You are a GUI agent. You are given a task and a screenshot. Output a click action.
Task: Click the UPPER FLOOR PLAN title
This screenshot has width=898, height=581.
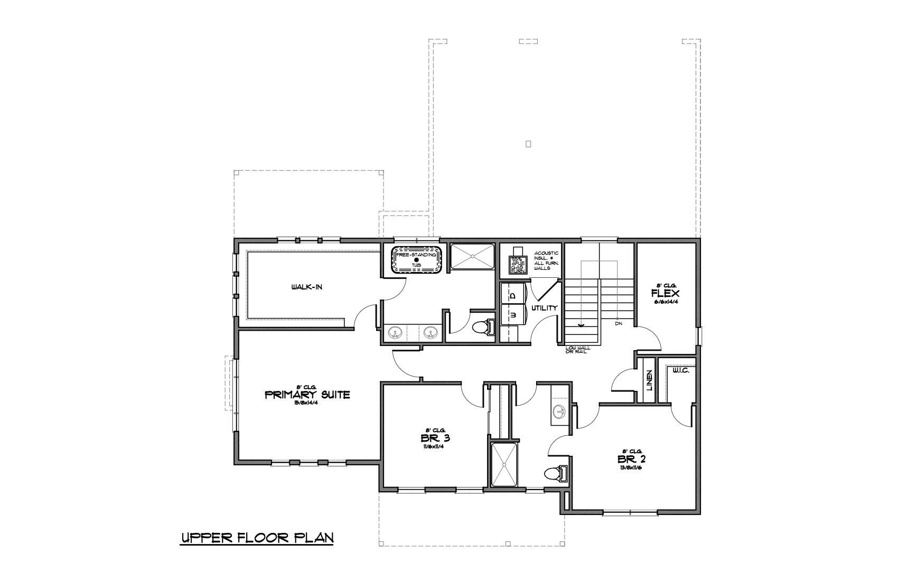coord(257,538)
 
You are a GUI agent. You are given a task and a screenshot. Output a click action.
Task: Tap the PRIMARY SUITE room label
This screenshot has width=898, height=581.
coord(307,395)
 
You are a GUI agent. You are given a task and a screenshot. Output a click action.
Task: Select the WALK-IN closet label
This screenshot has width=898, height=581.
coord(306,287)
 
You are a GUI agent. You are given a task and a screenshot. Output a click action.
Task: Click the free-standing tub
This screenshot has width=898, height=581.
coord(416,259)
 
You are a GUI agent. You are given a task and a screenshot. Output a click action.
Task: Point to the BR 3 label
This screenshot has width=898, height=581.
coord(435,438)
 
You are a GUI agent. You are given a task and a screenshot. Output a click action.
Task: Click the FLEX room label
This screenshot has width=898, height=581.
coord(665,294)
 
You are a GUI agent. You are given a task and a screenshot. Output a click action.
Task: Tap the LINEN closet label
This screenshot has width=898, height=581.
coord(649,380)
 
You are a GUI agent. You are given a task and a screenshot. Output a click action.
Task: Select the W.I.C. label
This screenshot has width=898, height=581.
coord(680,371)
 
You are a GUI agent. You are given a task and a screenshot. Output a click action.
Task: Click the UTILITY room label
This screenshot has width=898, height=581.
coord(544,308)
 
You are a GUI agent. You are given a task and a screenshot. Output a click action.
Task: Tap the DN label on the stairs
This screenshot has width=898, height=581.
coord(618,323)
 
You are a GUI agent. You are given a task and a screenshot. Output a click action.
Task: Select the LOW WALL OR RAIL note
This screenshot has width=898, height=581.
coord(576,350)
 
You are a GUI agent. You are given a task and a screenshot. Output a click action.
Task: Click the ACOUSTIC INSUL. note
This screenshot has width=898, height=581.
coord(546,261)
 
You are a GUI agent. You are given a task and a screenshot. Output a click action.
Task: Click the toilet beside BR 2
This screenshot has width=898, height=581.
coord(555,473)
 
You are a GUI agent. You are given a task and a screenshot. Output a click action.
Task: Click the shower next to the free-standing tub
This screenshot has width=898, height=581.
coord(471,257)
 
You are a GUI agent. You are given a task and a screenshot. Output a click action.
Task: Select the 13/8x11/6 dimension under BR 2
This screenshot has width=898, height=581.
coord(631,467)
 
